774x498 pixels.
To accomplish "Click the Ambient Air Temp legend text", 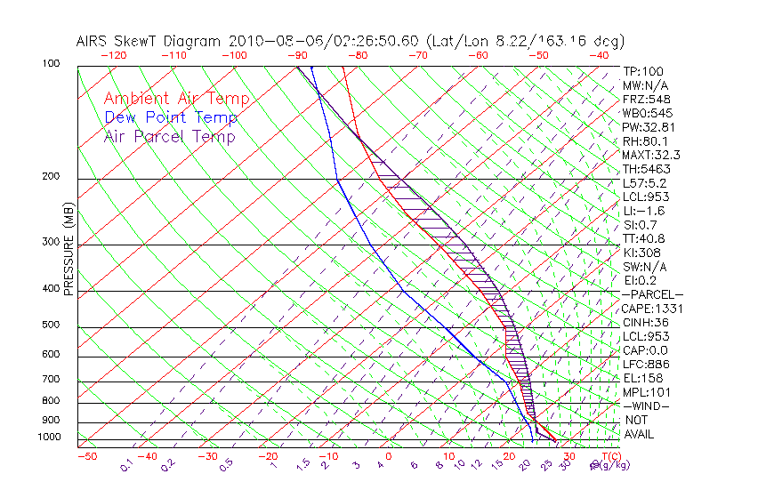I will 176,99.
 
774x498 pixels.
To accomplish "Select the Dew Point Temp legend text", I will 171,117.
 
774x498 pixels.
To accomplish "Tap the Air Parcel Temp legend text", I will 169,136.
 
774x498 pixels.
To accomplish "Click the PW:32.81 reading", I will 646,127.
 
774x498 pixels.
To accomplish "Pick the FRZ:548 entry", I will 643,100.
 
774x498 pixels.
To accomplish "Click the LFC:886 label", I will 644,364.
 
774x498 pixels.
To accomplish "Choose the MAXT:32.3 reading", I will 650,155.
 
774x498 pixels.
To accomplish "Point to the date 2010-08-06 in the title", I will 267,41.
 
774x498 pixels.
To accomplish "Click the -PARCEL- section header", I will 652,294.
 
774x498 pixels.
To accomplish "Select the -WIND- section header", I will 646,406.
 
